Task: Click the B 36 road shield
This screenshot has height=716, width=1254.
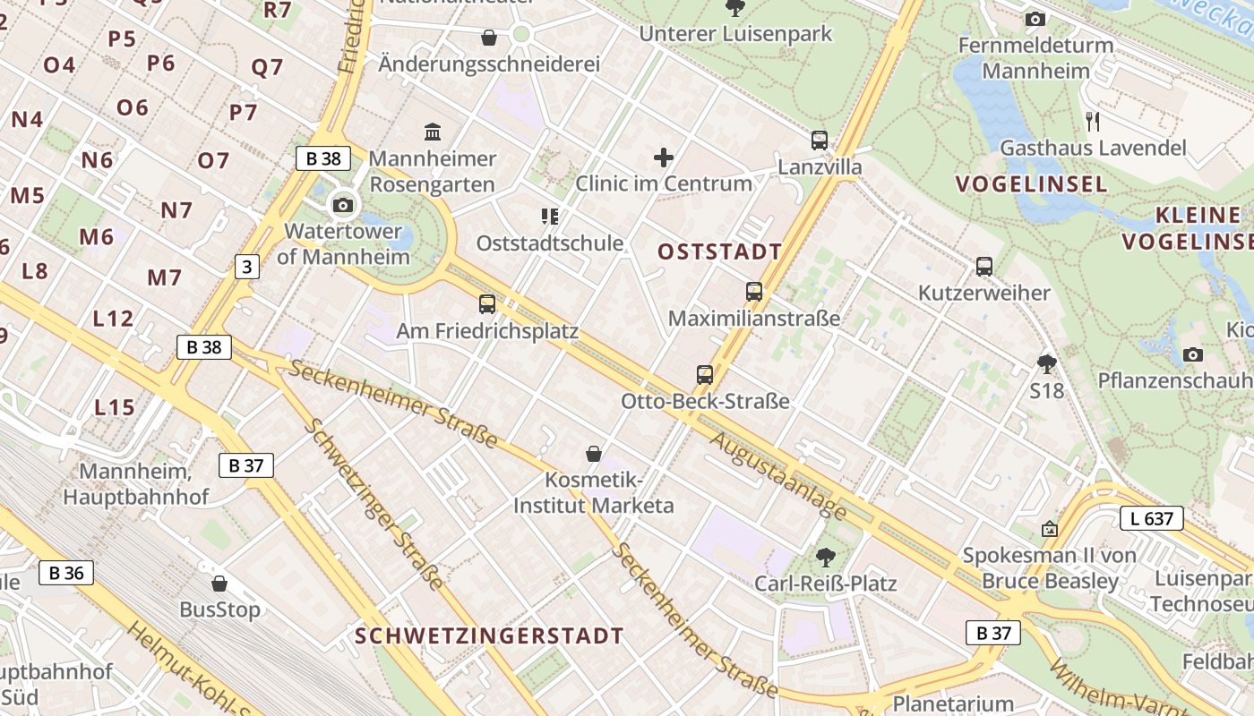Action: point(65,573)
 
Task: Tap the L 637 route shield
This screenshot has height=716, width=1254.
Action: point(1151,518)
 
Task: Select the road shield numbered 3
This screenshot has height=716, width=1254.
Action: point(247,266)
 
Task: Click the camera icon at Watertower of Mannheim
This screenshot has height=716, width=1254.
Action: point(342,205)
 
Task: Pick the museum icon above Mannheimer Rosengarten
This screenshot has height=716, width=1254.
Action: point(433,132)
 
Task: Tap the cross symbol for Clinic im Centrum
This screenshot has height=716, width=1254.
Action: point(664,158)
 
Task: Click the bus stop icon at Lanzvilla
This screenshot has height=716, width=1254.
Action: point(820,141)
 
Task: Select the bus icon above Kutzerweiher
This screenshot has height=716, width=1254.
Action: point(984,266)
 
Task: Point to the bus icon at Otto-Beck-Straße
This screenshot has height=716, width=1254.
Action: point(705,374)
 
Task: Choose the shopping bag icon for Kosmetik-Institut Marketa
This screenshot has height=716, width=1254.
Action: point(593,454)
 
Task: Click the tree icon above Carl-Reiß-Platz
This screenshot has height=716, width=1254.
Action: point(825,558)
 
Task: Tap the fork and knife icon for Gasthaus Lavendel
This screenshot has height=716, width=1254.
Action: point(1092,121)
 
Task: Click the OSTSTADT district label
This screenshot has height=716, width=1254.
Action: point(719,251)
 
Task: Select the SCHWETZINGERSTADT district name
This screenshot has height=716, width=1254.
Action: point(489,636)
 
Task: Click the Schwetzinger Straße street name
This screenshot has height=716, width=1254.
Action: point(374,503)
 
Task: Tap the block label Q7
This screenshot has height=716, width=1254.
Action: point(267,67)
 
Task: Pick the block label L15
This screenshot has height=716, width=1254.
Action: point(115,408)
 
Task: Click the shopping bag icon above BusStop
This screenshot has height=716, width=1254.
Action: point(219,584)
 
